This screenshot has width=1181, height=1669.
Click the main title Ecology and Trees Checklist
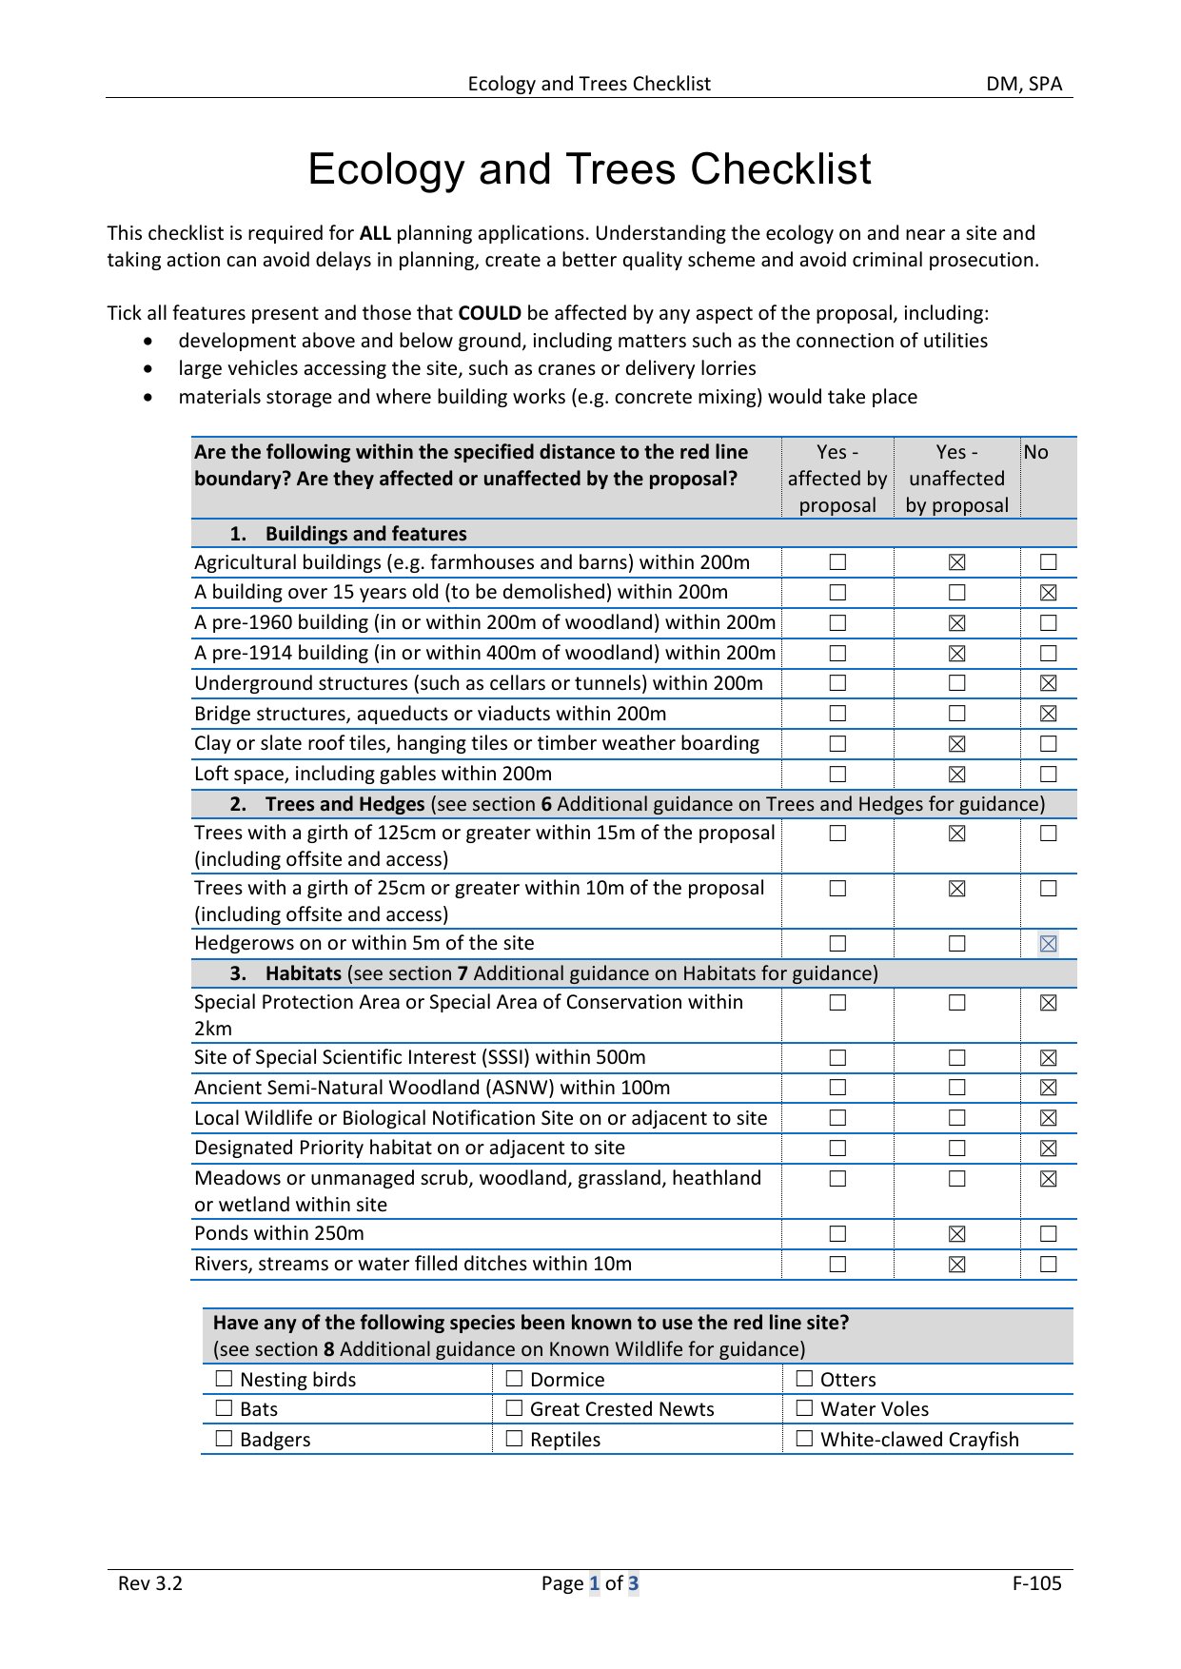tap(589, 169)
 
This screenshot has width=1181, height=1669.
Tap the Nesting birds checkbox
tap(225, 1379)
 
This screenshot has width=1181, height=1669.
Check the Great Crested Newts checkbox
tap(515, 1408)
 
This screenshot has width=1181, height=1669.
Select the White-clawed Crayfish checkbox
tap(805, 1439)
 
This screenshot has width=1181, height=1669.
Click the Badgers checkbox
tap(225, 1439)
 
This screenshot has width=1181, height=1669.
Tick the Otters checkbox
tap(805, 1379)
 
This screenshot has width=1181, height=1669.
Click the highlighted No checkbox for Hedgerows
tap(1048, 944)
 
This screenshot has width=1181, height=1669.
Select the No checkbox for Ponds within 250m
tap(1048, 1234)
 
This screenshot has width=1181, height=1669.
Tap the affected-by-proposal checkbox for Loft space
tap(837, 775)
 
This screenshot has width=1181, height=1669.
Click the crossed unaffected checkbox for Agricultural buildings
tap(956, 563)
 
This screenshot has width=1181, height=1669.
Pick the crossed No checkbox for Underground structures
tap(1048, 683)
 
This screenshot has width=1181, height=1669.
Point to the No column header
tap(1035, 453)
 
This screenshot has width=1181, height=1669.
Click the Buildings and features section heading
tap(365, 534)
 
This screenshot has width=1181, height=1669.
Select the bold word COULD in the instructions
tap(489, 313)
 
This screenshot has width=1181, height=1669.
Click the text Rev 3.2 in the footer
tap(150, 1583)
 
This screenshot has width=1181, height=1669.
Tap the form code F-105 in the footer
tap(1036, 1583)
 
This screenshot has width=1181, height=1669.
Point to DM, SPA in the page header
tap(1024, 84)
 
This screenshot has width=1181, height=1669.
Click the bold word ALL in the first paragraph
tap(375, 233)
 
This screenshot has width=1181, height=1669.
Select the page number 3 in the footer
tap(633, 1583)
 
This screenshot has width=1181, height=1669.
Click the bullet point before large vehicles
tap(148, 368)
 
